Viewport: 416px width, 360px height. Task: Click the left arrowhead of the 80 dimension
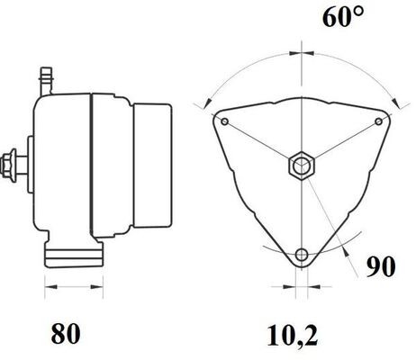click(x=46, y=287)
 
